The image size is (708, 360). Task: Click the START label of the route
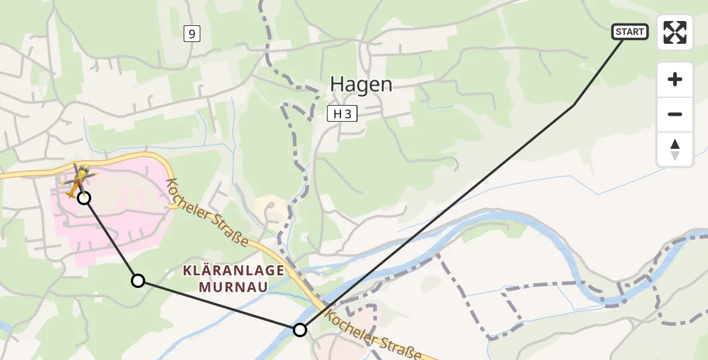(629, 32)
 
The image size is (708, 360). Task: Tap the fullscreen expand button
(675, 32)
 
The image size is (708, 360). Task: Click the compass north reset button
(675, 149)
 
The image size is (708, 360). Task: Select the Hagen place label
(361, 85)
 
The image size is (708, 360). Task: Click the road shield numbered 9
(191, 34)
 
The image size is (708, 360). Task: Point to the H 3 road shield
(342, 113)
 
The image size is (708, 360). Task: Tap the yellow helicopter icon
(79, 179)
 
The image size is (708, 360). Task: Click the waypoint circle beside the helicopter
(85, 197)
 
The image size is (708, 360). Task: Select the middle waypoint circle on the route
(138, 280)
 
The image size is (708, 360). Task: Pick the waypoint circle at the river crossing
(299, 329)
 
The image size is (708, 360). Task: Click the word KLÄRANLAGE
(233, 271)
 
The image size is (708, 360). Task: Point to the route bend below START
(574, 105)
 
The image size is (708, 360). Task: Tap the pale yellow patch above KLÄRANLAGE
(271, 211)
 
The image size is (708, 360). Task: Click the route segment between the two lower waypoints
(219, 305)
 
